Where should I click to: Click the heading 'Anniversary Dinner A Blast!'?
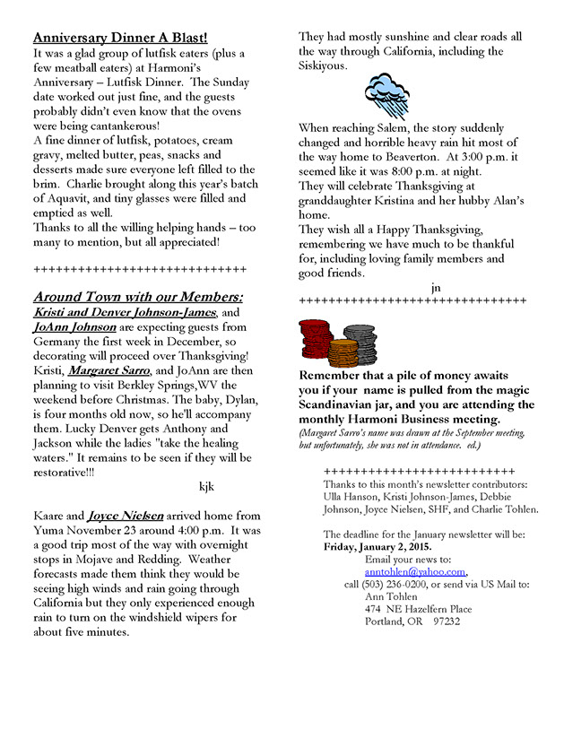(x=120, y=38)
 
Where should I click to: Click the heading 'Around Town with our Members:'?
(x=138, y=297)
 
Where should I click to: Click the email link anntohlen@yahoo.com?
(x=415, y=571)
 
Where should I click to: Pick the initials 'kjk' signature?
(x=205, y=486)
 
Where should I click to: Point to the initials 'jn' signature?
(x=436, y=287)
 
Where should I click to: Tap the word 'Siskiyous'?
(x=323, y=65)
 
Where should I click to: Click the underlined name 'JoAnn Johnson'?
(x=75, y=326)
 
